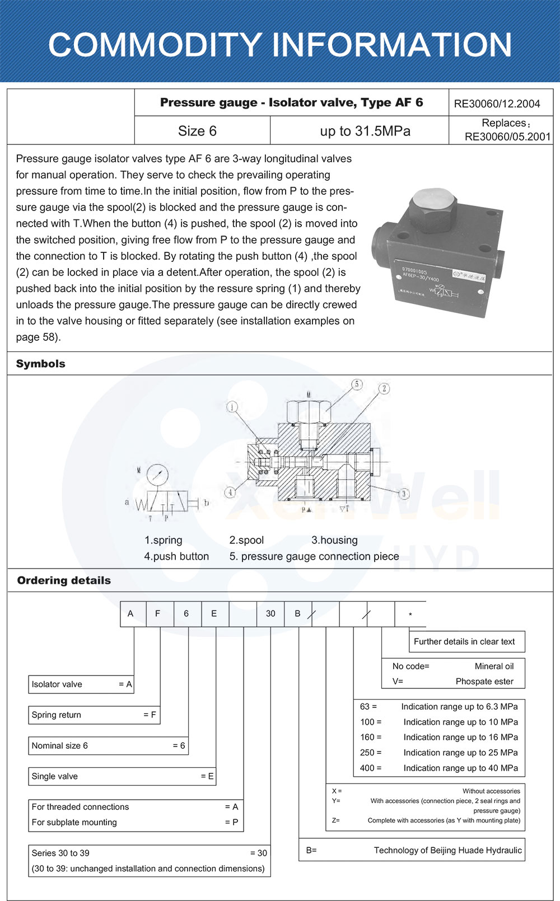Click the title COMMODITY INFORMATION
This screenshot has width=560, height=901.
280,45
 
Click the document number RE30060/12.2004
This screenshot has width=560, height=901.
497,104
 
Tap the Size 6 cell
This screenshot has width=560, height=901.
197,131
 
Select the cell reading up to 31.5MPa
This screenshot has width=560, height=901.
365,131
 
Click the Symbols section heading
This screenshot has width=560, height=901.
41,364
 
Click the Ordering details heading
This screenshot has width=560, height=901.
64,580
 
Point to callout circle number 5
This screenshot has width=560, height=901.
357,384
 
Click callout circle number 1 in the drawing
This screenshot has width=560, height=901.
232,407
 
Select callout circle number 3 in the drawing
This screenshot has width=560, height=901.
404,494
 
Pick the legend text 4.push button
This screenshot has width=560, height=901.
176,556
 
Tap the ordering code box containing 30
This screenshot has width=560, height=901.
270,614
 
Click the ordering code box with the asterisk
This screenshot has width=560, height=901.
410,614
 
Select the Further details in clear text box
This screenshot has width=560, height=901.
466,641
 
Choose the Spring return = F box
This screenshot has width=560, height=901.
94,715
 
